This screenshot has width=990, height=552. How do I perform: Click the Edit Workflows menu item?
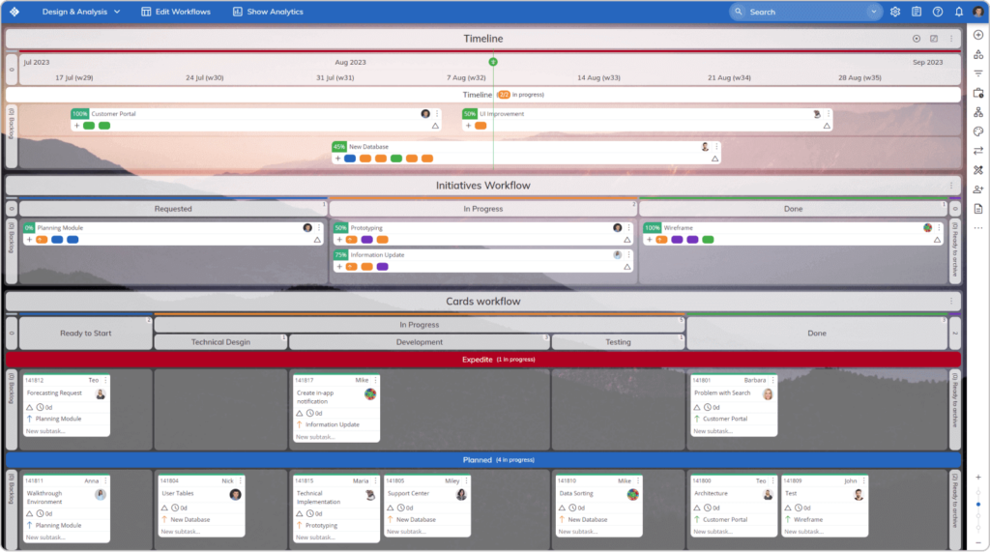pos(175,12)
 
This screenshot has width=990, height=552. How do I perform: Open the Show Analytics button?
pos(268,12)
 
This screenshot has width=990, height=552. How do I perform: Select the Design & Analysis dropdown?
pos(81,12)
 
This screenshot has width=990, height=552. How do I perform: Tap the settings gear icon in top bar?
pos(895,12)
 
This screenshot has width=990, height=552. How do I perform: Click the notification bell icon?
pos(958,12)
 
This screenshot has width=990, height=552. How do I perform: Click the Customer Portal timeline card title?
pos(114,114)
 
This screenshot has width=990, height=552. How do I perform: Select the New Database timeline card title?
pos(368,147)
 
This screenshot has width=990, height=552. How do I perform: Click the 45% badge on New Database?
pos(338,147)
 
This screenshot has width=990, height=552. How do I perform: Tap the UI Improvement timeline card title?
pos(502,114)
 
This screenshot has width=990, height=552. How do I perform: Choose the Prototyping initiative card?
pos(366,228)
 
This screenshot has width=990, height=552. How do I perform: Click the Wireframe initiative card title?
pos(678,228)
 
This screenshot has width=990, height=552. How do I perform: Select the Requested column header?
pos(173,209)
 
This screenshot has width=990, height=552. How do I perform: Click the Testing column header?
pos(618,342)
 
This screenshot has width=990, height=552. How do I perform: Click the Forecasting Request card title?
pos(54,393)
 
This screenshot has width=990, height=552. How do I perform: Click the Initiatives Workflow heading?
pos(482,185)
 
